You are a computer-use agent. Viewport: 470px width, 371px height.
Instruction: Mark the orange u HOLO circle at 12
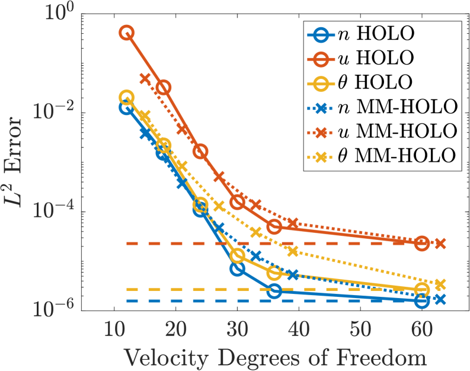pos(126,33)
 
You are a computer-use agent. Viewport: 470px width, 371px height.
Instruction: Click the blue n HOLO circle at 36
pos(274,291)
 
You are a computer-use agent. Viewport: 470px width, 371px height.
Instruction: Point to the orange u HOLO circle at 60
pos(421,243)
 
